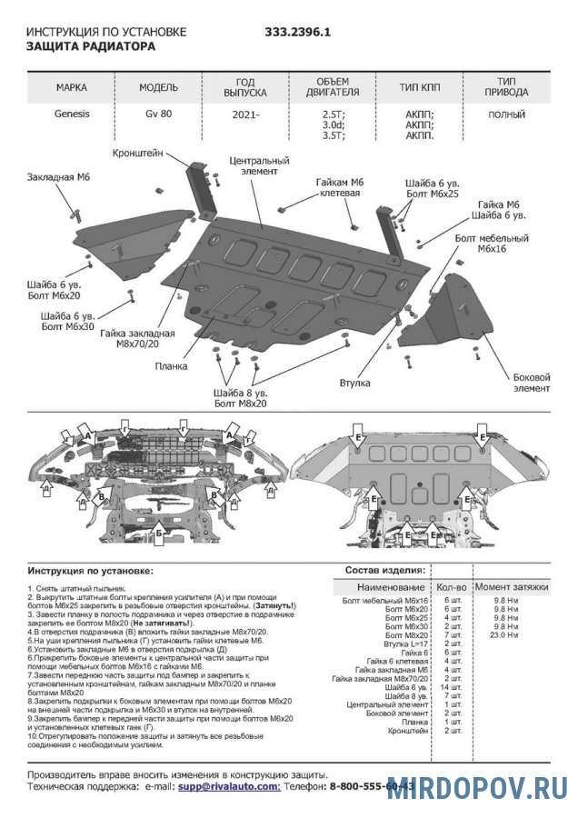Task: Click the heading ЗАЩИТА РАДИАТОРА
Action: [90, 45]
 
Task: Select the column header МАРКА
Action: [72, 88]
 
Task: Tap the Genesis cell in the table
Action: [72, 115]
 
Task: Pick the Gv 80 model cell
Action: [158, 115]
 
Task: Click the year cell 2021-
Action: [244, 115]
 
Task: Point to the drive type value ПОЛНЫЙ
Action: [506, 115]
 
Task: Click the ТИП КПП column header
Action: [419, 88]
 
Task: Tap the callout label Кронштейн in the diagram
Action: [138, 153]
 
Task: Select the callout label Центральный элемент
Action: [259, 165]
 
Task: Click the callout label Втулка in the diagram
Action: [355, 384]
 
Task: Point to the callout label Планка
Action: [170, 366]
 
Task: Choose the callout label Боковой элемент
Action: [532, 382]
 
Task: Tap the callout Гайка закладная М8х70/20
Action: [137, 340]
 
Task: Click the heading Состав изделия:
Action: [384, 570]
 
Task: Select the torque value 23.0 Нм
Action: [505, 634]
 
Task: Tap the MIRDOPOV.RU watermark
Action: [478, 788]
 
